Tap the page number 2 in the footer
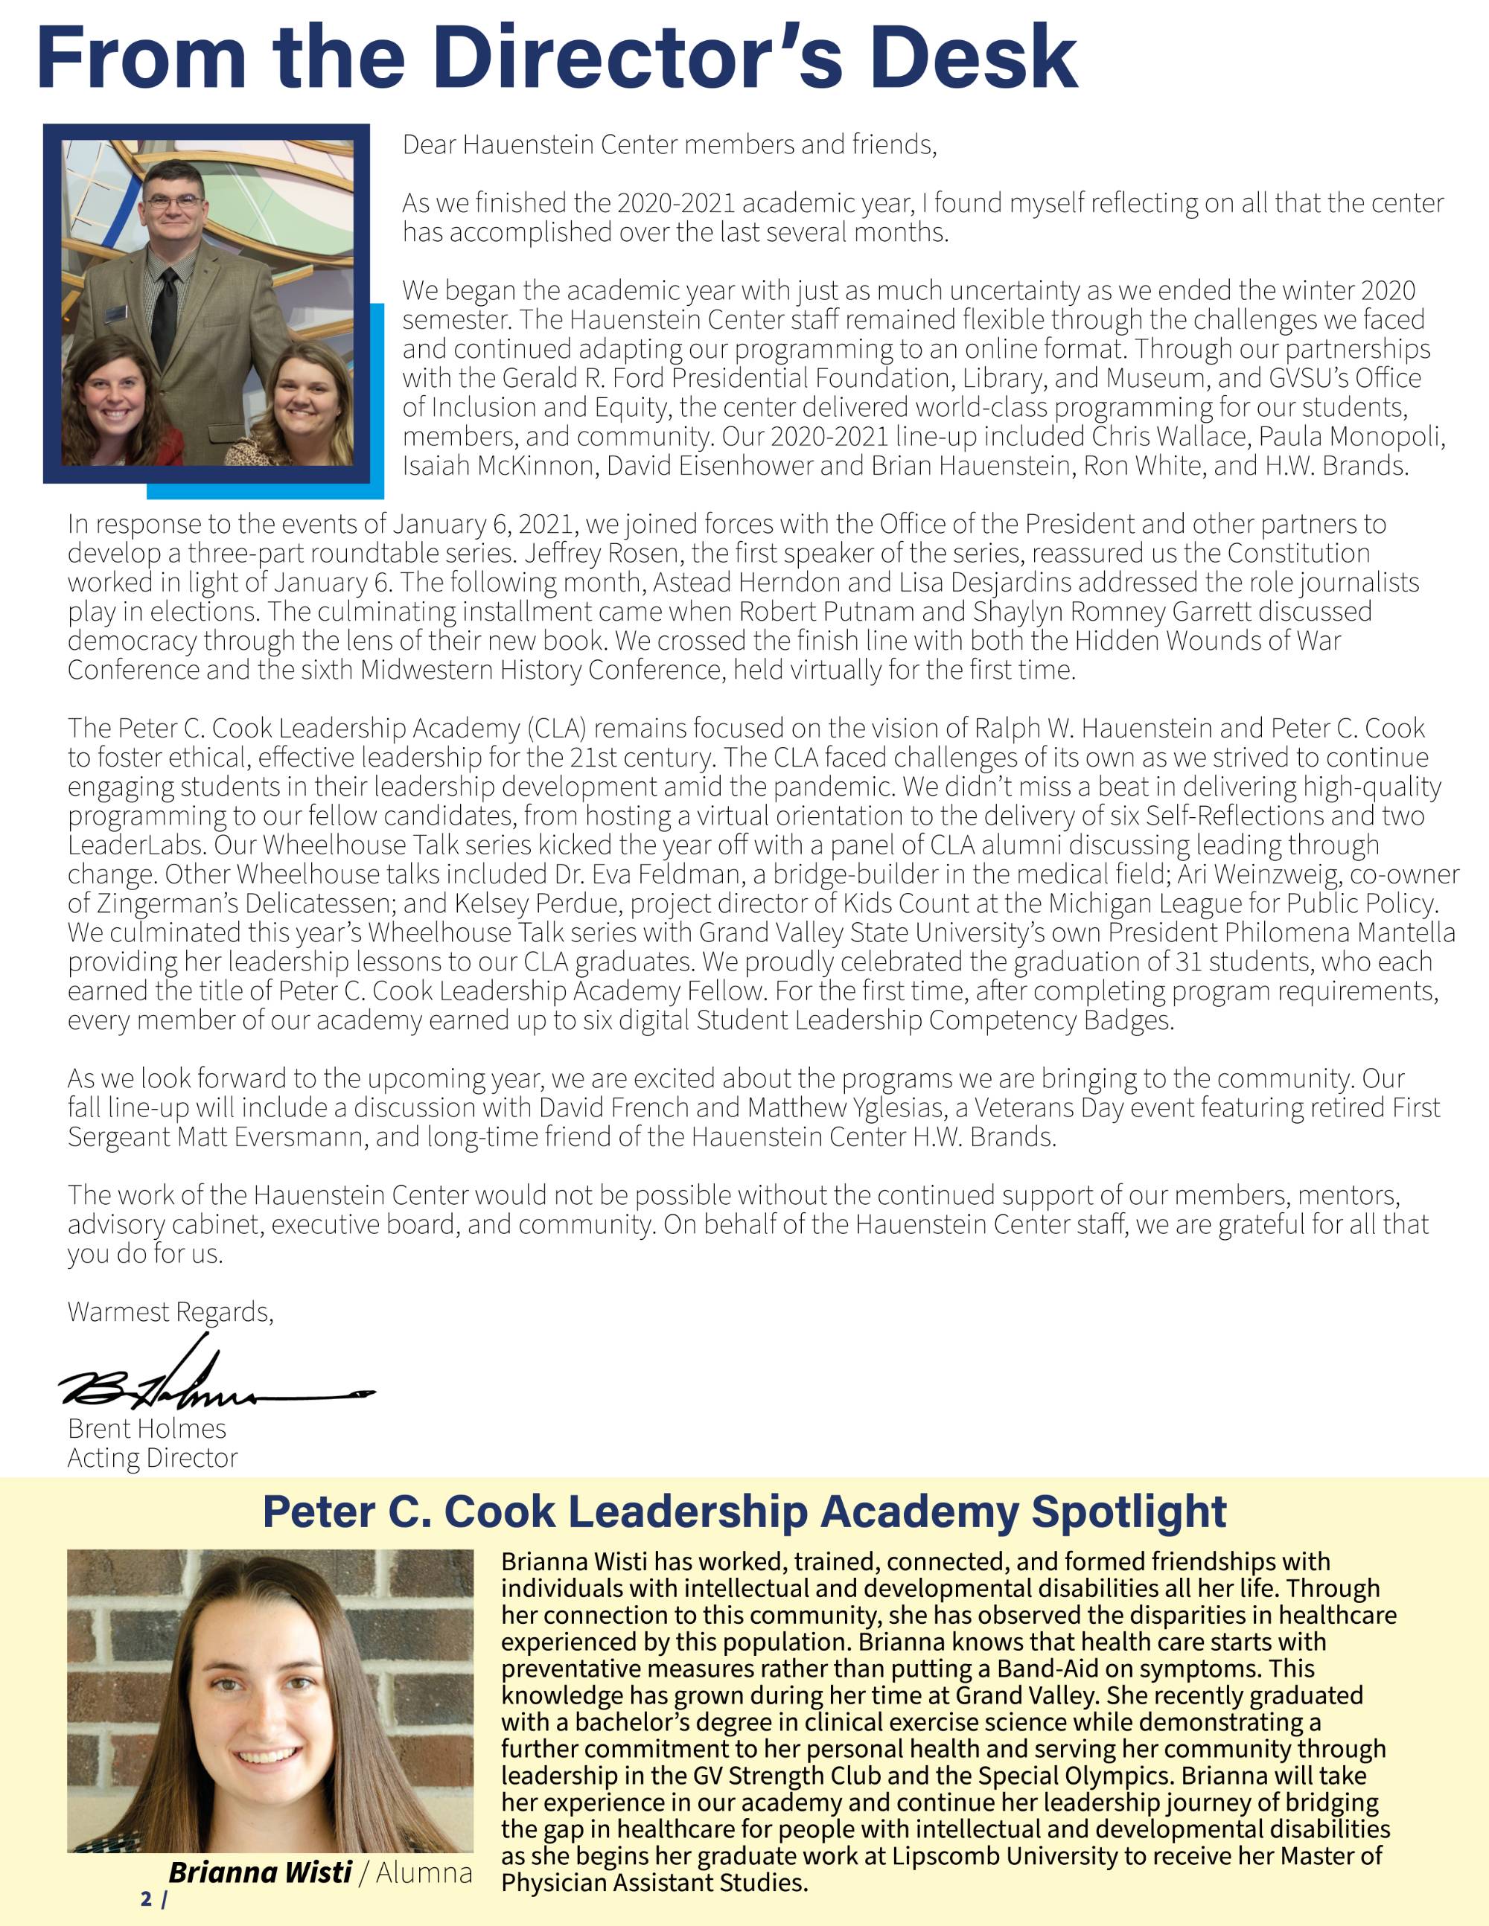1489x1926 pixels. [145, 1898]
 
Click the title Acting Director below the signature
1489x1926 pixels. [153, 1458]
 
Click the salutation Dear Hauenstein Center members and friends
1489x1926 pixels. [669, 144]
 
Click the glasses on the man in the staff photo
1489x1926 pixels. [173, 201]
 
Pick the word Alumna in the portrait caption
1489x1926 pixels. [424, 1872]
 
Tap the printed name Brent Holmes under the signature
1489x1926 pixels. [147, 1429]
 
